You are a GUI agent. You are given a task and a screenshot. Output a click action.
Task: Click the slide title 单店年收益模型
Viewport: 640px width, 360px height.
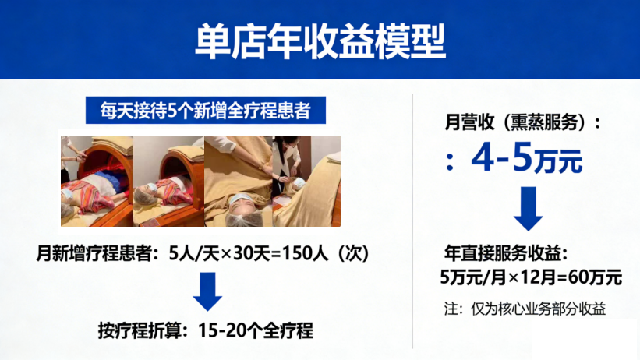[320, 41]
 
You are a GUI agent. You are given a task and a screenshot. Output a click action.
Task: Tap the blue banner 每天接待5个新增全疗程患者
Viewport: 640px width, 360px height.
[206, 110]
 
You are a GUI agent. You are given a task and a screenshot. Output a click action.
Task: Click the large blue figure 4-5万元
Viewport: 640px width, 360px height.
[527, 158]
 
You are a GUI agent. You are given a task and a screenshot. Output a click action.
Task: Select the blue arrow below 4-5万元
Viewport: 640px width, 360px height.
[529, 209]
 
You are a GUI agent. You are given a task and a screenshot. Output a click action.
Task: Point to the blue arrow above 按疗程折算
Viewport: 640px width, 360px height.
[207, 291]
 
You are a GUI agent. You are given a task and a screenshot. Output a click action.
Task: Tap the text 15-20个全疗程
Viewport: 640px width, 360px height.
[256, 330]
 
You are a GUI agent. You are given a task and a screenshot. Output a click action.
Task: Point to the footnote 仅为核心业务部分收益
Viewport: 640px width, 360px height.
[539, 309]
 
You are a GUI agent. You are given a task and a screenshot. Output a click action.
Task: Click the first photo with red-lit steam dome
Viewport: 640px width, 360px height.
[97, 182]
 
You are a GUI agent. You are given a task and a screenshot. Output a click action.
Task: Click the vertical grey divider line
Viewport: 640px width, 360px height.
[412, 221]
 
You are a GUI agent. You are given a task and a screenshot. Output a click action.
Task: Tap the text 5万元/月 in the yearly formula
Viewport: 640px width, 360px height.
[472, 278]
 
